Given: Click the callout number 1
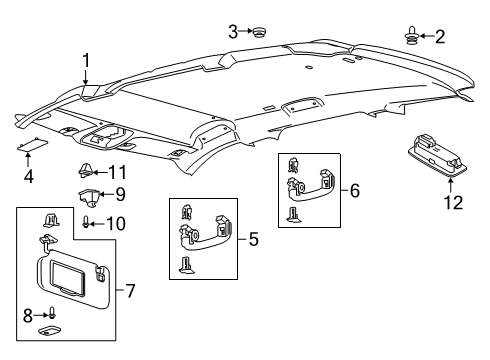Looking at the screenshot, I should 86,59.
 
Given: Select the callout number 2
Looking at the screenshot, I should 438,37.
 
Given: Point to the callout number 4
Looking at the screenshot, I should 28,177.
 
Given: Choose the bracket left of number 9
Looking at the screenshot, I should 89,193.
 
